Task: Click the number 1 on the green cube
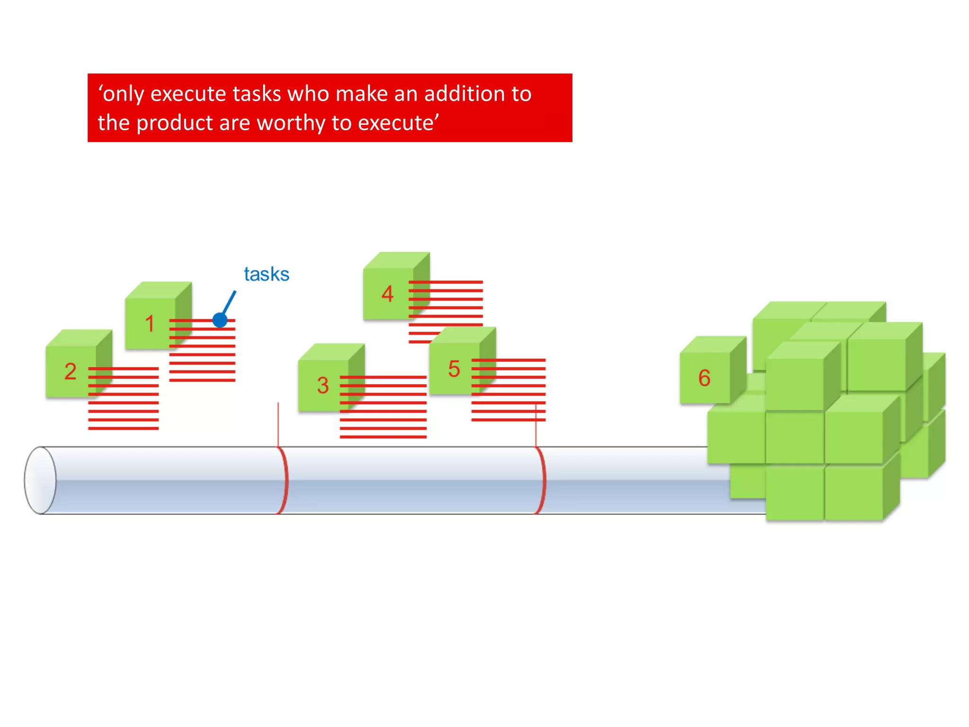click(150, 324)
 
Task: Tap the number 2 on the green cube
click(70, 372)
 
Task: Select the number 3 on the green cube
click(323, 385)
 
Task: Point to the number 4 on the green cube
click(388, 294)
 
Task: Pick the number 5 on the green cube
click(454, 369)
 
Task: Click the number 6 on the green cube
click(704, 378)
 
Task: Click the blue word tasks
click(266, 275)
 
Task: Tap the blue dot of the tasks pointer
click(220, 320)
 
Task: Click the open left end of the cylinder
click(40, 480)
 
